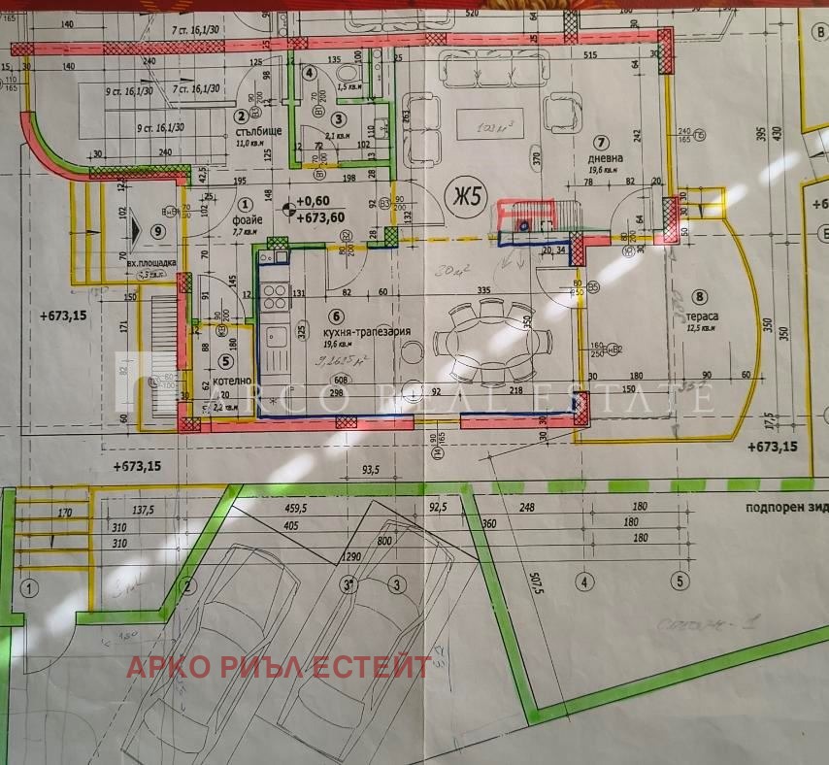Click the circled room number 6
[337, 315]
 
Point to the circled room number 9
[158, 231]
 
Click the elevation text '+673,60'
[319, 216]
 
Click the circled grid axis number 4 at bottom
[583, 582]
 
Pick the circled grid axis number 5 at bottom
[680, 582]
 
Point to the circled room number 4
[309, 73]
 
